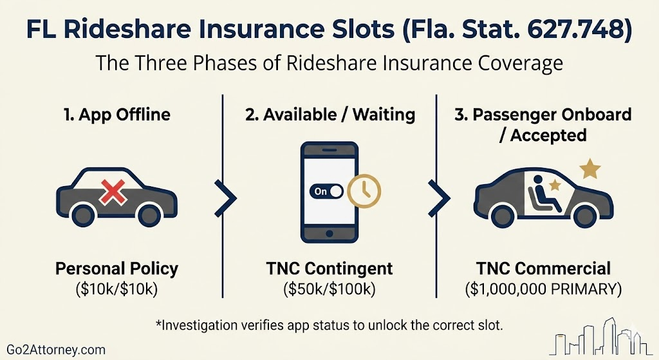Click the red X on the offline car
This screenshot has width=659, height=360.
click(x=113, y=192)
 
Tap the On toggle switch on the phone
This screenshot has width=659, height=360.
click(x=326, y=191)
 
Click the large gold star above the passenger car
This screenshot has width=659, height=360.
click(x=590, y=168)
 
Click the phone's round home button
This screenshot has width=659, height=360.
click(x=329, y=233)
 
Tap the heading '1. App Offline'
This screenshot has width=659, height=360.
click(x=117, y=115)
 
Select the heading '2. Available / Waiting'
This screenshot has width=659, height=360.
click(x=330, y=115)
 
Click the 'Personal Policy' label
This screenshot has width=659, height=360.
click(x=117, y=269)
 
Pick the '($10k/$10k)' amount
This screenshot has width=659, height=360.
click(x=117, y=289)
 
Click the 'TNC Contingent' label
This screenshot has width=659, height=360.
click(x=329, y=269)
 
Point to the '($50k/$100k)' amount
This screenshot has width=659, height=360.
click(x=329, y=289)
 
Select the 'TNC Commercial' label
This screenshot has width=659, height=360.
click(x=543, y=269)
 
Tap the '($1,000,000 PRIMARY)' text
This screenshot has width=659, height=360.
click(x=543, y=289)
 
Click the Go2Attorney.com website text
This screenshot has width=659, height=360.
click(x=56, y=350)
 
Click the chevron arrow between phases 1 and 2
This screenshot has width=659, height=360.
click(x=225, y=198)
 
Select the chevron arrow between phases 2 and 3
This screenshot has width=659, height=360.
click(x=439, y=198)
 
